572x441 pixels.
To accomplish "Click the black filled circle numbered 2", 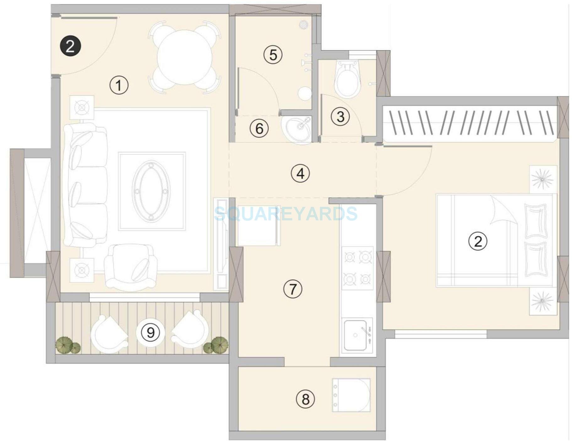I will [70, 46].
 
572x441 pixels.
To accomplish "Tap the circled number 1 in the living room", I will [119, 85].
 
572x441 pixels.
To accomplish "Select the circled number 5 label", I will [273, 55].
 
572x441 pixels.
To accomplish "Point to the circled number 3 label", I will [340, 116].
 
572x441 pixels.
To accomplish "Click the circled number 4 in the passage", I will [300, 173].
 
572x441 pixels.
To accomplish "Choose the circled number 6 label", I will [259, 128].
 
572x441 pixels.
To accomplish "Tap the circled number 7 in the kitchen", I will [293, 289].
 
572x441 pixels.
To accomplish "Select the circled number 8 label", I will [305, 400].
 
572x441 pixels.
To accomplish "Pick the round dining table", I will [185, 57].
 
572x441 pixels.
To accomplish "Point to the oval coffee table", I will [151, 191].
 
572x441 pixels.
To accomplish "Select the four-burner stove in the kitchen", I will [357, 268].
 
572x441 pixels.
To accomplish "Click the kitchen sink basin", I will [355, 335].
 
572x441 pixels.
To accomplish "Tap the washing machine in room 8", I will [351, 395].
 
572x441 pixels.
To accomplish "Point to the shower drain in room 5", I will [303, 24].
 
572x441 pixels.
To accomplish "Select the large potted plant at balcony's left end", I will [64, 345].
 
